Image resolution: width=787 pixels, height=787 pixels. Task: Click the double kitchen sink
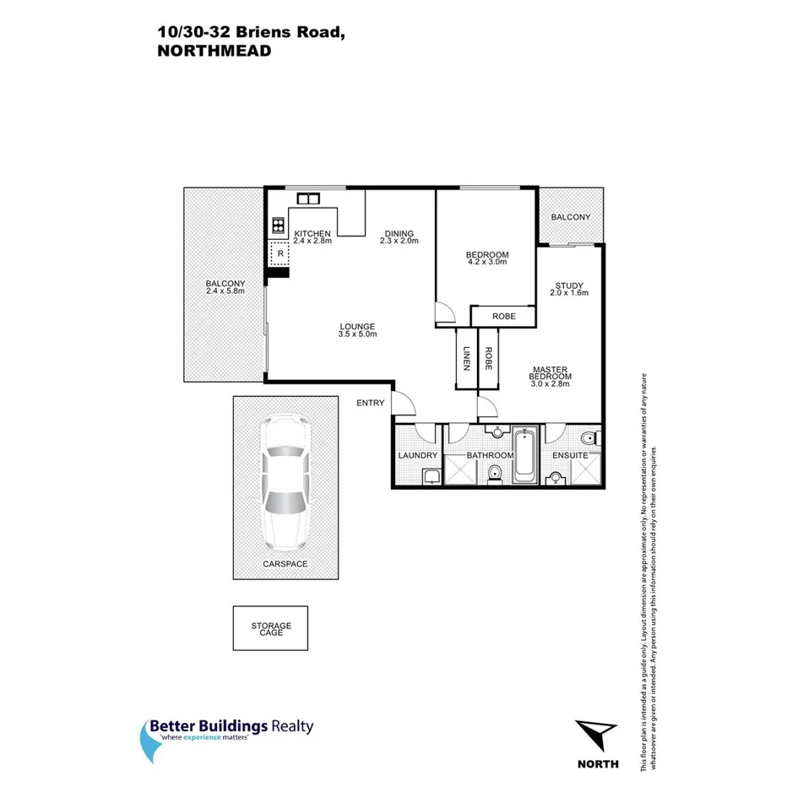307,199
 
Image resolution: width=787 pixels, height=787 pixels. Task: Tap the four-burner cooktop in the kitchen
278,225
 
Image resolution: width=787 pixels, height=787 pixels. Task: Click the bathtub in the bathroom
524,456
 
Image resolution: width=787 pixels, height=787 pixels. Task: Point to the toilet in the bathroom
497,474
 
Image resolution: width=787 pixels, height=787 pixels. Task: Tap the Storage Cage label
270,629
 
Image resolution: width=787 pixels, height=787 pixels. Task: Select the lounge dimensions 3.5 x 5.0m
357,334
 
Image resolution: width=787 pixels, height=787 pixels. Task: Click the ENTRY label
370,403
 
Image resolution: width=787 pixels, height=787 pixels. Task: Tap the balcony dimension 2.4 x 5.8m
225,291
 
